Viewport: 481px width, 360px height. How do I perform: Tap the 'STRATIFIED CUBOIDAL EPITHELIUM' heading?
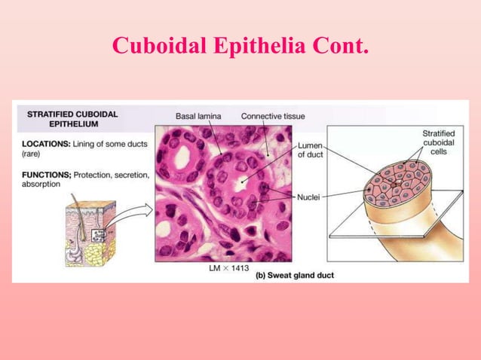click(x=72, y=119)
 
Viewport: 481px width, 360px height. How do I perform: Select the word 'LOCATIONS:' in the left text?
click(x=46, y=143)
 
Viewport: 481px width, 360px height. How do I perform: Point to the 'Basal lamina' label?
click(x=199, y=117)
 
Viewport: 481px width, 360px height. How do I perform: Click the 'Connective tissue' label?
click(x=272, y=117)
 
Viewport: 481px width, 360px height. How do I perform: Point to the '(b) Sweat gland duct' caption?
click(x=294, y=276)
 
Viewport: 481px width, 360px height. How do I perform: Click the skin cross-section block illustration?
click(x=90, y=234)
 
